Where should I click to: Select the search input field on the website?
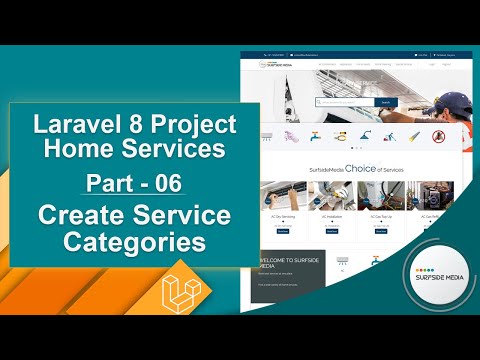pos(345,101)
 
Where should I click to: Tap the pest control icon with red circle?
pos(438,136)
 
